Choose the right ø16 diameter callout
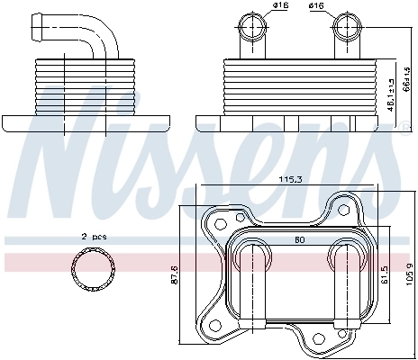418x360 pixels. click(317, 8)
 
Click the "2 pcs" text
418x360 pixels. click(95, 236)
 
